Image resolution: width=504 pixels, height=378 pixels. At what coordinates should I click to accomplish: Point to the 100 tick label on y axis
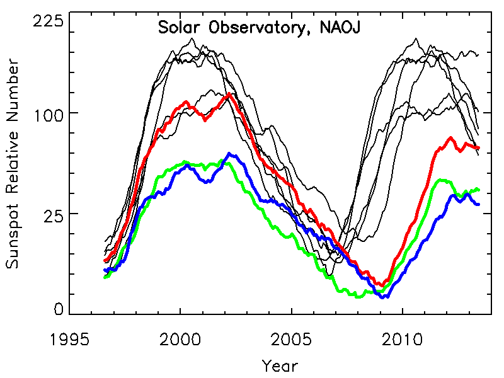click(x=48, y=114)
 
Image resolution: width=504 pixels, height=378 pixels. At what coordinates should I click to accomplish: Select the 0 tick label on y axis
click(x=59, y=309)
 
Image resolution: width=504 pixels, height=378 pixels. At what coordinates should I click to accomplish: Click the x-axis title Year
click(x=280, y=365)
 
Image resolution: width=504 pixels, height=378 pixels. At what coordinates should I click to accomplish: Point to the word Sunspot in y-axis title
click(x=13, y=242)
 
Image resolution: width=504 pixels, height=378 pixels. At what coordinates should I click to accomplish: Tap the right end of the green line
click(x=479, y=190)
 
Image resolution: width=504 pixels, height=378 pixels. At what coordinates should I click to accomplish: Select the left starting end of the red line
click(x=105, y=261)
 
